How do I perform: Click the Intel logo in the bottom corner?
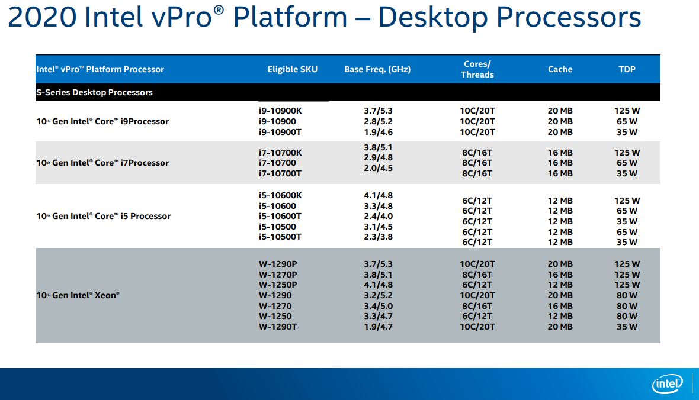point(668,384)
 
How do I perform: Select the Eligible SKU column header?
point(293,69)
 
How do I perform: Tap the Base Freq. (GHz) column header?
point(377,69)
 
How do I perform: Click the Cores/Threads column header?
point(477,69)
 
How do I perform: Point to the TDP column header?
point(627,69)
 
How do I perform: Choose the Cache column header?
point(560,69)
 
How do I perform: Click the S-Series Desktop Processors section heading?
point(95,92)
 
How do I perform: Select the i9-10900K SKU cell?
point(280,111)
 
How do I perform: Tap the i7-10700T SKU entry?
point(280,173)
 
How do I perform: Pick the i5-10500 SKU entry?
point(277,226)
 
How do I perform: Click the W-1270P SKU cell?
point(278,275)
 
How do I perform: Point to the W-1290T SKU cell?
point(278,327)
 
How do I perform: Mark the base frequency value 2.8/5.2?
point(378,121)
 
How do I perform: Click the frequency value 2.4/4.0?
point(378,216)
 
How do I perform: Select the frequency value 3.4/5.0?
point(378,305)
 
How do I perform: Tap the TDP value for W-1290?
point(627,295)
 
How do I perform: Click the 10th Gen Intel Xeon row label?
point(78,295)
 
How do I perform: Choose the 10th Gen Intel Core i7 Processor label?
point(102,163)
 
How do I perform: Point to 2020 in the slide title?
point(42,18)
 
